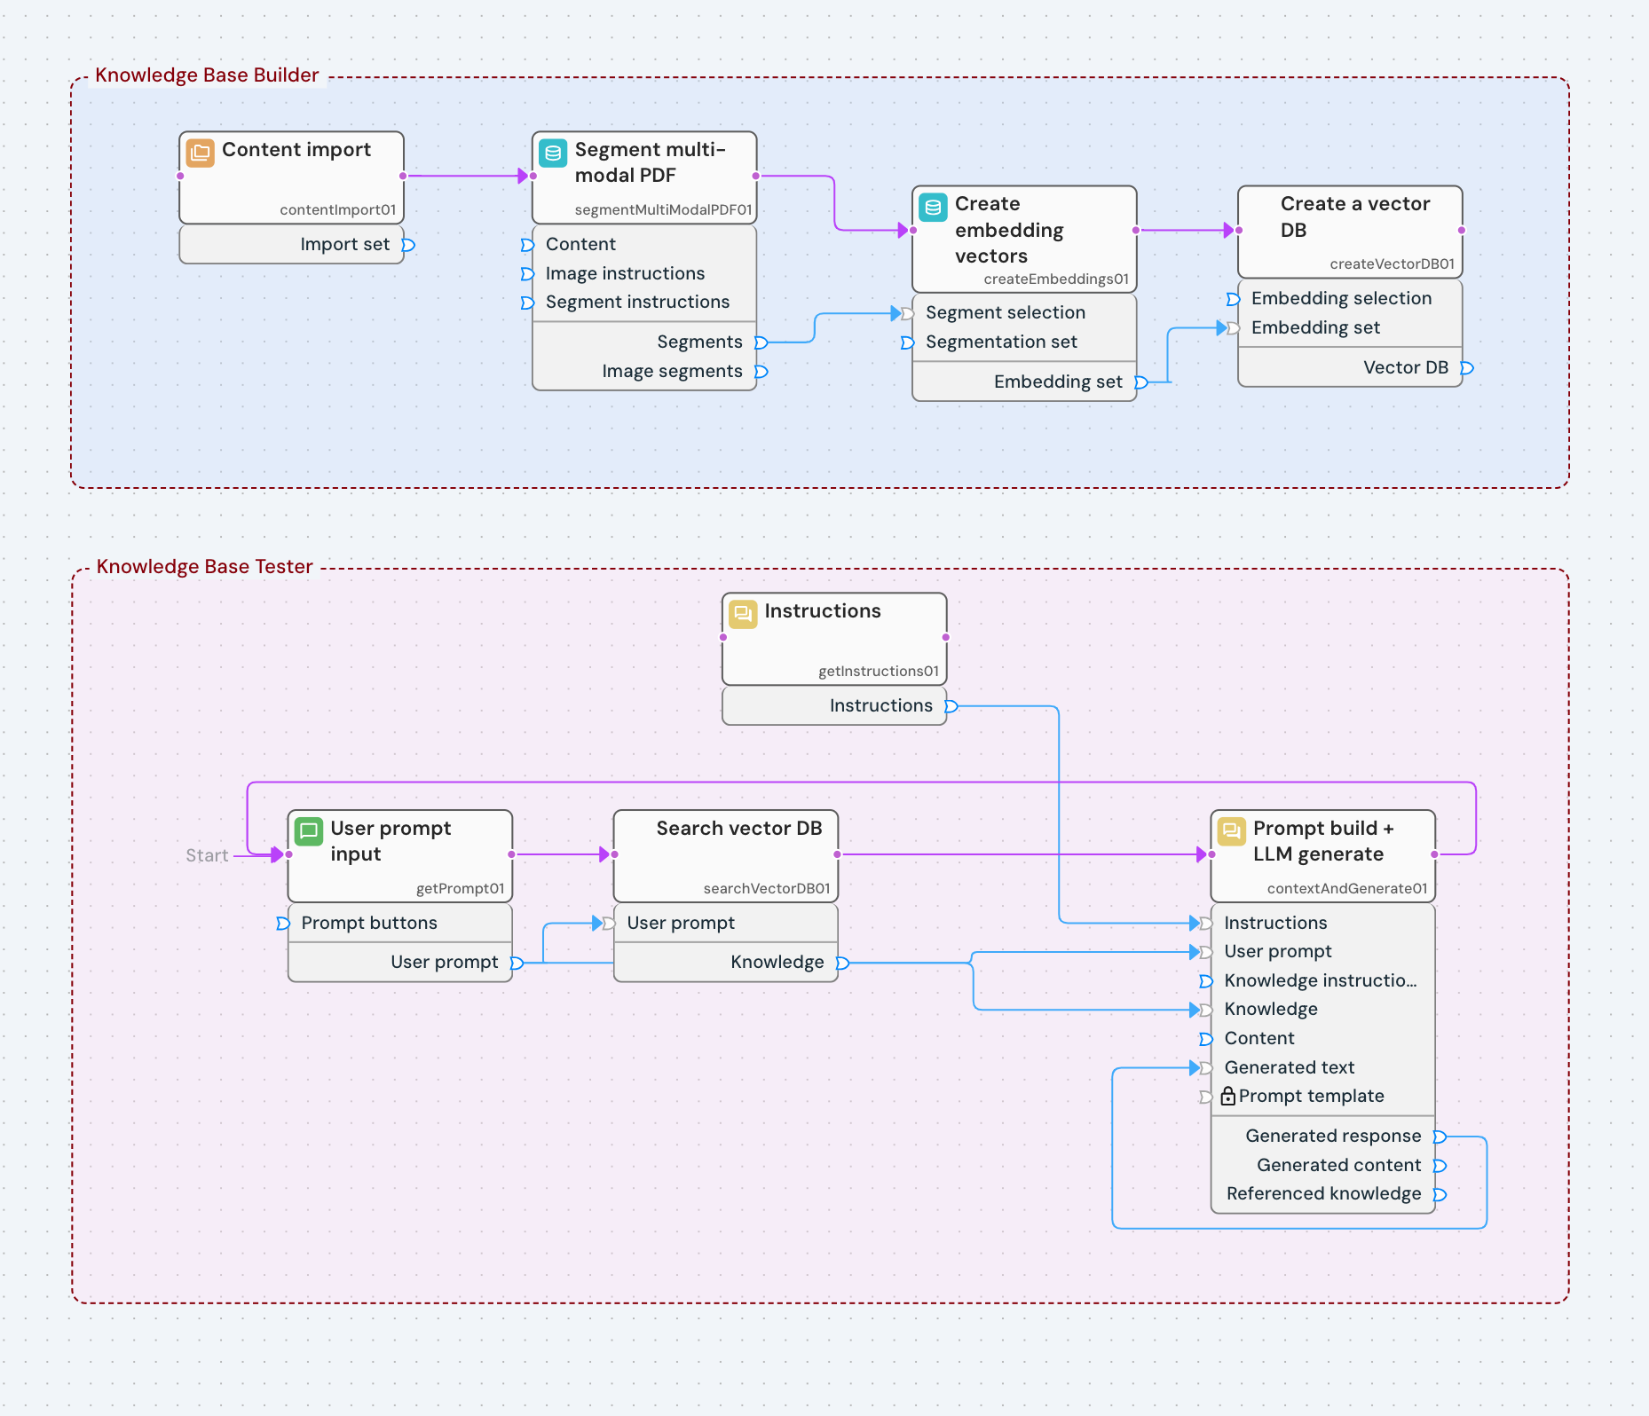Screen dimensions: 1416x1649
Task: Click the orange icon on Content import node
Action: (200, 153)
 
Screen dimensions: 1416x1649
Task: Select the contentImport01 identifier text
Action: (337, 209)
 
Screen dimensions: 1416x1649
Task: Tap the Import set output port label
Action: (344, 244)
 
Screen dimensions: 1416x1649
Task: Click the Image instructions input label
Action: (625, 273)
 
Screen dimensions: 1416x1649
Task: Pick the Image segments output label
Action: (672, 371)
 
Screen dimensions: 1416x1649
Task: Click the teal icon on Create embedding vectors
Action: (933, 208)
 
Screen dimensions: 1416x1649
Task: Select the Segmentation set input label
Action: (1001, 342)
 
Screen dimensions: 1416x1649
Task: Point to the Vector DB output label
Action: (1405, 367)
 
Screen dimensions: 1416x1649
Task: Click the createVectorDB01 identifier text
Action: (1392, 264)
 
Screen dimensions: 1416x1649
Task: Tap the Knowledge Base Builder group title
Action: (207, 75)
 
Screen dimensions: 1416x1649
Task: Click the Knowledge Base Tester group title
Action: (204, 567)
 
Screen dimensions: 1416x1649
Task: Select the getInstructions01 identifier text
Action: (878, 671)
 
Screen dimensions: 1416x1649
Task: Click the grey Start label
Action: (207, 855)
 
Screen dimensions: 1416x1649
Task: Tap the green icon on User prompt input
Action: (309, 831)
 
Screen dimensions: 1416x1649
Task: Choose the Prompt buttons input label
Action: (369, 923)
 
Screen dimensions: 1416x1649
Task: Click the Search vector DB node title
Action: (738, 828)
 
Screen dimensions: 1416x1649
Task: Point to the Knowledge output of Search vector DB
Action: (777, 962)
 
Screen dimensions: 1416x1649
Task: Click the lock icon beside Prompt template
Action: (1228, 1097)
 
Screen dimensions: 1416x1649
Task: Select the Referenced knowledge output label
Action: (1323, 1193)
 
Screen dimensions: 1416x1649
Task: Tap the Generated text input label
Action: (1289, 1067)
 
